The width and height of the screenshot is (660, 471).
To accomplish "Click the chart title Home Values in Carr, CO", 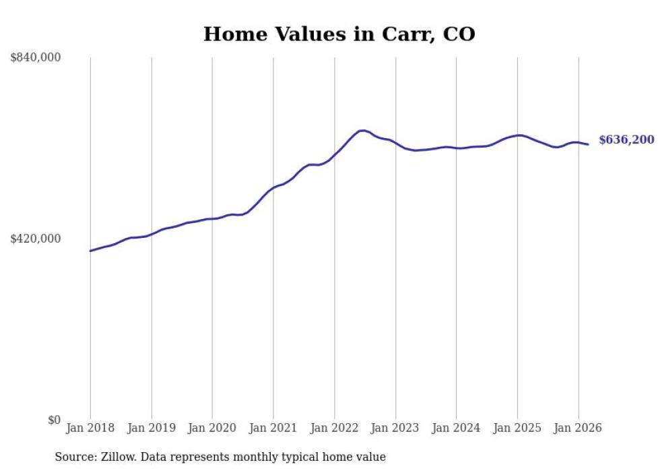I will pyautogui.click(x=339, y=34).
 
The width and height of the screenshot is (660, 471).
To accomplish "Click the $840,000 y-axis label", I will pyautogui.click(x=36, y=58).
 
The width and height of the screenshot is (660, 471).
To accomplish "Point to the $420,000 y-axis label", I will pyautogui.click(x=36, y=239).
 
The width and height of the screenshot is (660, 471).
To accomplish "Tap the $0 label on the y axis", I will pyautogui.click(x=54, y=420).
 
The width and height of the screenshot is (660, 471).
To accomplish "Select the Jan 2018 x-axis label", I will pyautogui.click(x=90, y=428).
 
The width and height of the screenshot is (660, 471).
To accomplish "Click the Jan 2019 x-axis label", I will pyautogui.click(x=152, y=428).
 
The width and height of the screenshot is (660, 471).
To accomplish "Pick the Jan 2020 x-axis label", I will pyautogui.click(x=212, y=428).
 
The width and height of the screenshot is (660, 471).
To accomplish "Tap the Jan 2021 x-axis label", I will pyautogui.click(x=273, y=428).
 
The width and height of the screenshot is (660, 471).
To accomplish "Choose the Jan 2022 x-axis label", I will pyautogui.click(x=334, y=428).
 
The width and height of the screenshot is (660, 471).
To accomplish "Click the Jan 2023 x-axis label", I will pyautogui.click(x=395, y=428).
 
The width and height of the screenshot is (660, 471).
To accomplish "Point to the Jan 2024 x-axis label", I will pyautogui.click(x=456, y=428).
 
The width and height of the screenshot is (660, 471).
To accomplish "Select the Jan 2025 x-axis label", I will pyautogui.click(x=517, y=428).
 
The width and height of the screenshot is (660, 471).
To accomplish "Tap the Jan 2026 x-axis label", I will pyautogui.click(x=578, y=428).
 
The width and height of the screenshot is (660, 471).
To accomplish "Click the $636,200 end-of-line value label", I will pyautogui.click(x=626, y=140).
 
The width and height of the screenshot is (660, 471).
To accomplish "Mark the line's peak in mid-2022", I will pyautogui.click(x=362, y=131).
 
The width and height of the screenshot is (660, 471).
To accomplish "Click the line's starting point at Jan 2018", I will pyautogui.click(x=90, y=251).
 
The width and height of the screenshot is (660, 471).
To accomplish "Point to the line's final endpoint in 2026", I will pyautogui.click(x=588, y=144).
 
